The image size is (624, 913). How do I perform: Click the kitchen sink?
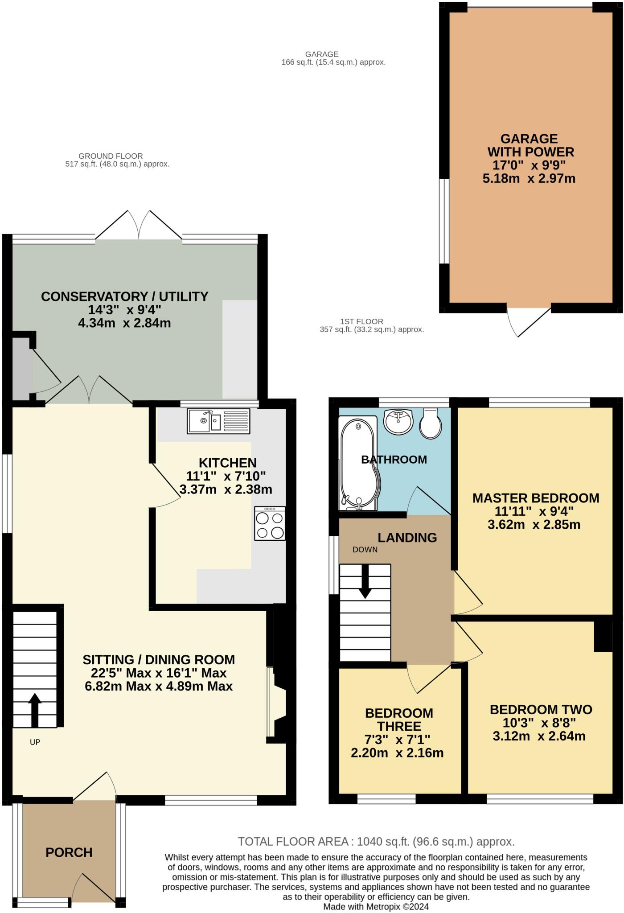pos(218,421)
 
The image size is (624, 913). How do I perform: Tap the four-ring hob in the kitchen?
pos(270,523)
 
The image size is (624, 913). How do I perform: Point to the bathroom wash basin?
pos(398,421)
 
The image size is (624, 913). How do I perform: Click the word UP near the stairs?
pos(35,742)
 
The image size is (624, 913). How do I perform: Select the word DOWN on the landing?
pos(365,550)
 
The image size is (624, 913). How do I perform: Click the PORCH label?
pos(69,852)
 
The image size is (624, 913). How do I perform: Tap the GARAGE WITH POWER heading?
pos(529,145)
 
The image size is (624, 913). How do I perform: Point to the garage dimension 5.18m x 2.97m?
pos(529,179)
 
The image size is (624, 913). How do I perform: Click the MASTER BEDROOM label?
pos(535,498)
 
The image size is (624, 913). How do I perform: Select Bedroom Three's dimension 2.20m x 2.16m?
pos(397,753)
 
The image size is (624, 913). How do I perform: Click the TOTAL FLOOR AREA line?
pos(376,841)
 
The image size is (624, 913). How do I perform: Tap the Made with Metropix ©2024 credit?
pos(376,906)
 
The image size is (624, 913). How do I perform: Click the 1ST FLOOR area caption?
pos(371,325)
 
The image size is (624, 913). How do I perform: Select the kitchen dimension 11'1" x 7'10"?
pos(226,476)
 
